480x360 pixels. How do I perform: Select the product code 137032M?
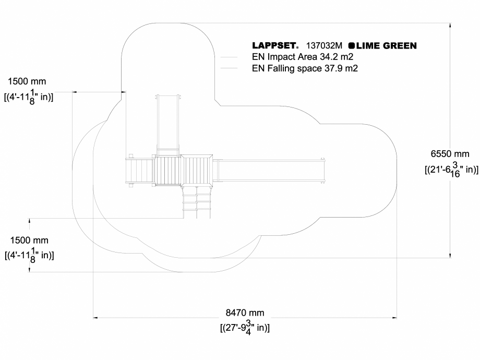pyautogui.click(x=325, y=46)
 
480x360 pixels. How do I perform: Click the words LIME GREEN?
pyautogui.click(x=387, y=46)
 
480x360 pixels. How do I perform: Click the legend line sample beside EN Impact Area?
pyautogui.click(x=230, y=57)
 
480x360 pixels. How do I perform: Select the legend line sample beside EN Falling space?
pyautogui.click(x=230, y=68)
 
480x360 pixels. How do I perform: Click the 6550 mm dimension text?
pyautogui.click(x=450, y=154)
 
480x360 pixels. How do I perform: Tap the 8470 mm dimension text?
pyautogui.click(x=245, y=313)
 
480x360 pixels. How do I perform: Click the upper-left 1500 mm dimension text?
pyautogui.click(x=27, y=81)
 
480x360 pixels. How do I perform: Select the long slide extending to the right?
pyautogui.click(x=271, y=170)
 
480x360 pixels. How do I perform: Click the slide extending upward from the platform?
pyautogui.click(x=168, y=123)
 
